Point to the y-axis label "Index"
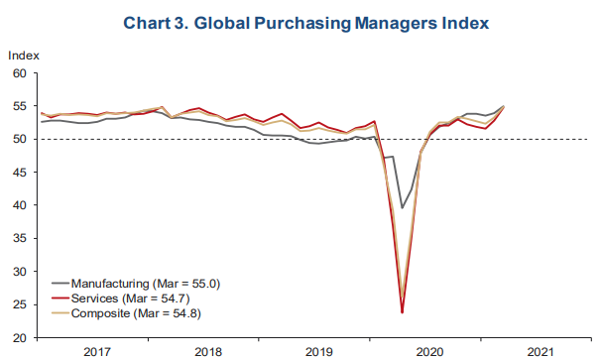(24, 56)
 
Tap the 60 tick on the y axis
(20, 73)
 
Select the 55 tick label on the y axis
(20, 106)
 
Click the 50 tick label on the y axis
(20, 139)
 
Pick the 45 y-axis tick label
(20, 173)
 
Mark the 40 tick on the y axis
(20, 205)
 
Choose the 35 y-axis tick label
(20, 238)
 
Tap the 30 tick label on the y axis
(20, 272)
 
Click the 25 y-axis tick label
(20, 304)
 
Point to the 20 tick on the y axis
(20, 338)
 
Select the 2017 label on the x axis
(97, 352)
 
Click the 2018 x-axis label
(208, 352)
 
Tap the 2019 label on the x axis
(319, 352)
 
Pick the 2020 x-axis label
(430, 352)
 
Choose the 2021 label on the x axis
(540, 352)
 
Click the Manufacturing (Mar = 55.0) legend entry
(136, 284)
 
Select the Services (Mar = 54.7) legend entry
(121, 299)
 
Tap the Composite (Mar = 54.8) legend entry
(127, 313)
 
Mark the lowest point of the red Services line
(403, 312)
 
